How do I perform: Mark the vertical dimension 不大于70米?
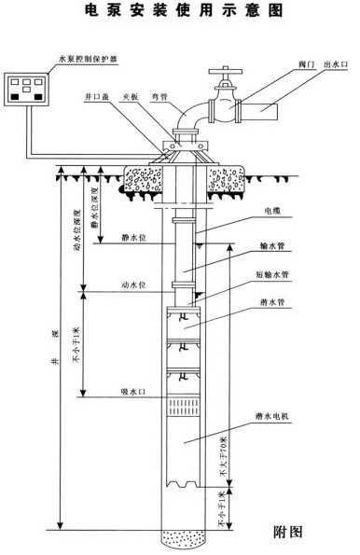[x=221, y=456]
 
